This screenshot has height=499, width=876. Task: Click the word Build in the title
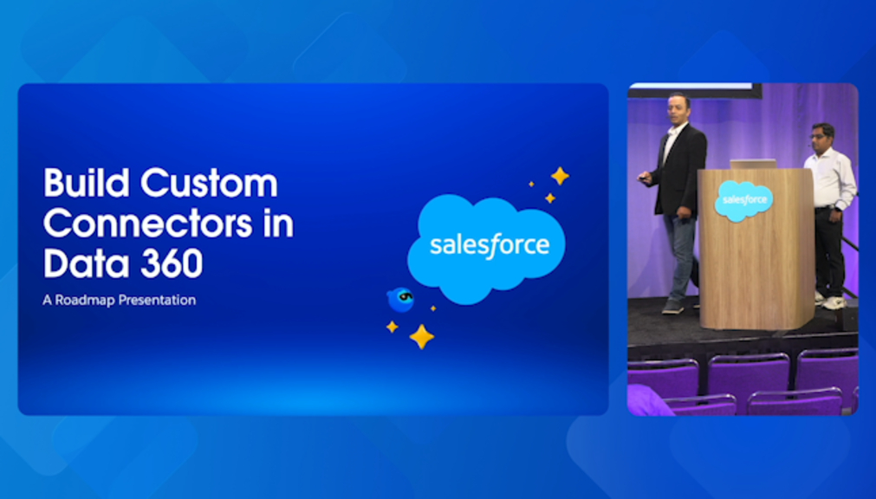point(87,183)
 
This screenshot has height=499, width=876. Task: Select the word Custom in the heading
point(209,183)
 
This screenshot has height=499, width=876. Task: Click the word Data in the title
point(87,263)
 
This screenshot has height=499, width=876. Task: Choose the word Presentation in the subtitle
point(157,300)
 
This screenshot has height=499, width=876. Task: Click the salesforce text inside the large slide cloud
point(490,246)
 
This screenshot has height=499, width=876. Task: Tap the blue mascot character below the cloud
point(400,300)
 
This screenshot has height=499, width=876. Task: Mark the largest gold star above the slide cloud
point(560,176)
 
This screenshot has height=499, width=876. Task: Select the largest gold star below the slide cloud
point(421,336)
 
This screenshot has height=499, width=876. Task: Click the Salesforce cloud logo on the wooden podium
point(743,200)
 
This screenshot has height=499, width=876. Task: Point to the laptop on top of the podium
point(753,164)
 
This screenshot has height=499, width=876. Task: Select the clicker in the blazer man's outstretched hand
point(644,178)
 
